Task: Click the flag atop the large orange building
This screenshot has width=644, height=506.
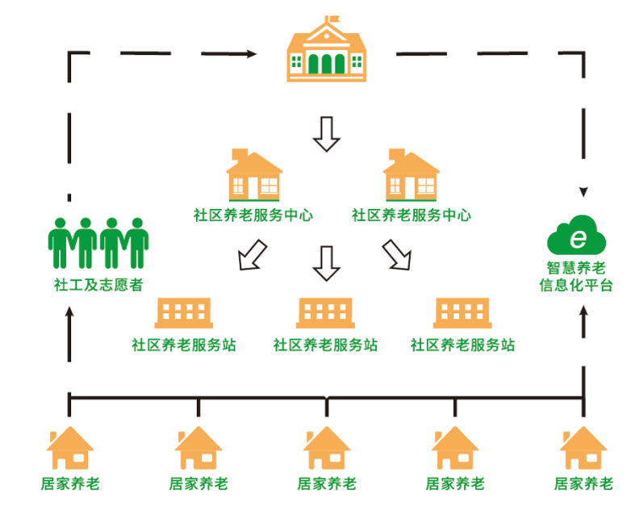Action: click(332, 19)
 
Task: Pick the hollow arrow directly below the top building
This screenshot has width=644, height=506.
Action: click(327, 133)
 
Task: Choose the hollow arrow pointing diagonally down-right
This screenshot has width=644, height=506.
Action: click(396, 254)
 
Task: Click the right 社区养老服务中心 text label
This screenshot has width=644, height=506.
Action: click(412, 215)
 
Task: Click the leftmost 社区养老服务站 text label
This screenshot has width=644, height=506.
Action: click(184, 345)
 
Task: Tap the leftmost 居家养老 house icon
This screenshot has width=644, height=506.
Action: click(70, 449)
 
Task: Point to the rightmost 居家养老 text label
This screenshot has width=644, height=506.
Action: click(583, 484)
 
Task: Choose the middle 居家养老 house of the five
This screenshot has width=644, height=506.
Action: click(327, 449)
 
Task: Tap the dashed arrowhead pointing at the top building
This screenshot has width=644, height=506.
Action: click(251, 54)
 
